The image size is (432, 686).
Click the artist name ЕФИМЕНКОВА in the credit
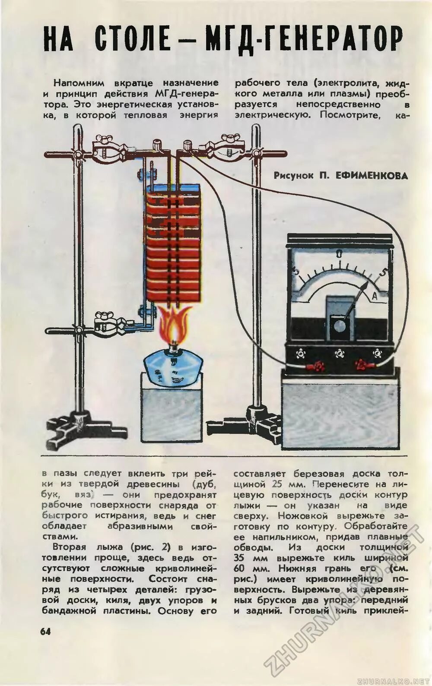point(372,176)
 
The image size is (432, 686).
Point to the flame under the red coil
point(174,325)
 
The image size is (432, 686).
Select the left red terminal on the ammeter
point(319,367)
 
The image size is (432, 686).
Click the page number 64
point(45,631)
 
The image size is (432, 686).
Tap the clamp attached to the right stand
point(225,148)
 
